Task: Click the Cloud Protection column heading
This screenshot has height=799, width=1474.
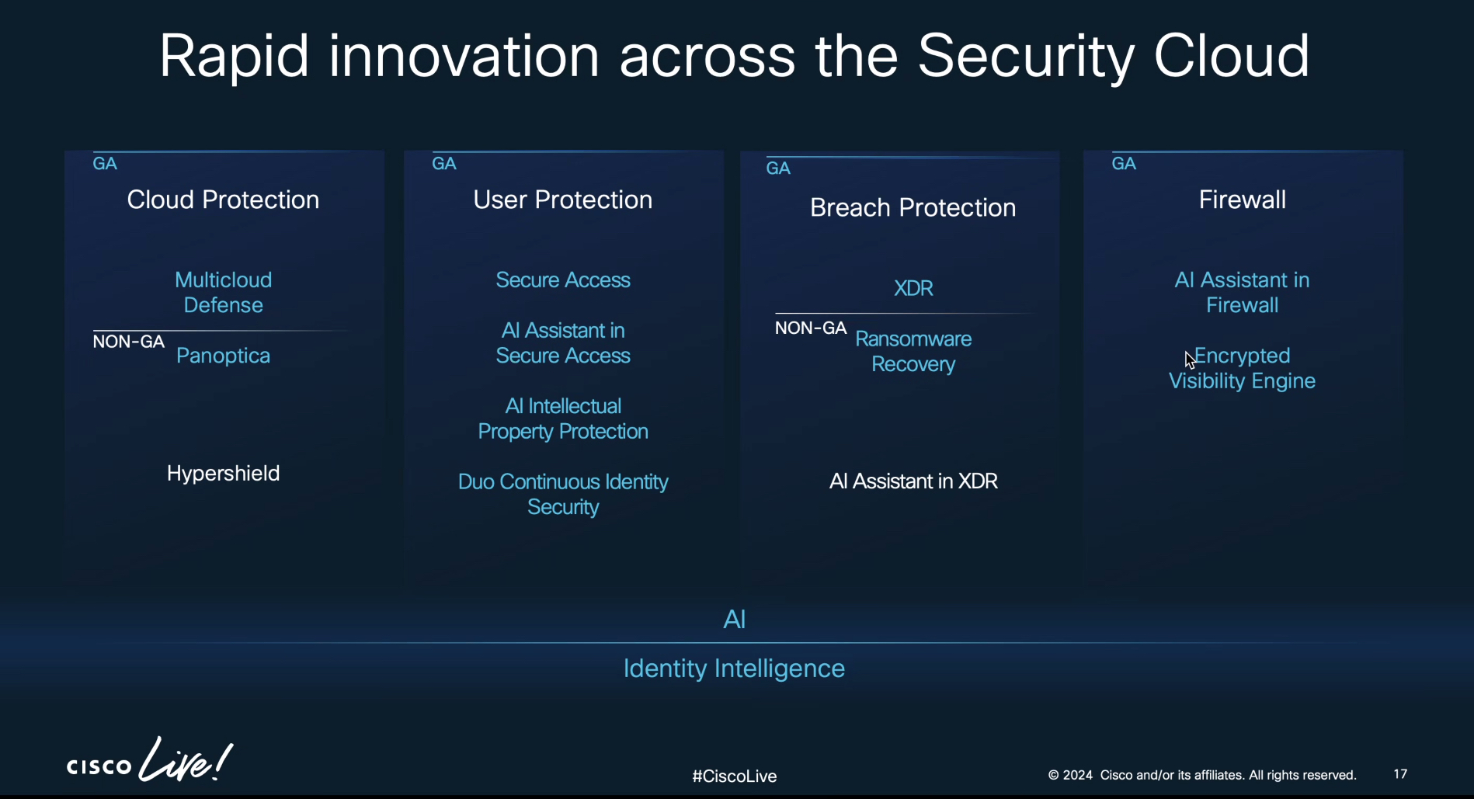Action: (x=223, y=200)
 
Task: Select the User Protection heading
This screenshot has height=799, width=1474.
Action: (x=563, y=200)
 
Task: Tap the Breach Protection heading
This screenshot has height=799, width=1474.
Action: (x=913, y=207)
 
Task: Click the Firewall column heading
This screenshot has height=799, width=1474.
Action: (x=1243, y=200)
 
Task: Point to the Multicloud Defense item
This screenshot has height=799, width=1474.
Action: (x=223, y=292)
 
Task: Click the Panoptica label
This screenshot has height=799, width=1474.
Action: (x=223, y=356)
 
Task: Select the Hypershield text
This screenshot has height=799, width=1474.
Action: (x=223, y=474)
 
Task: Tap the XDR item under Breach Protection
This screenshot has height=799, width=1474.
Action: (x=913, y=288)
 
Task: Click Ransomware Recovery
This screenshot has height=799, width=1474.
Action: (x=913, y=352)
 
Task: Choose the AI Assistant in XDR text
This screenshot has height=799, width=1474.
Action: (x=913, y=481)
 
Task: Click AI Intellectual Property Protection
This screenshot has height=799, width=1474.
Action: (x=563, y=419)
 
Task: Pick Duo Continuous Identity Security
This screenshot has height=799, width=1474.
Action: (x=563, y=494)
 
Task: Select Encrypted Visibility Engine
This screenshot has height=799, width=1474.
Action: (x=1243, y=368)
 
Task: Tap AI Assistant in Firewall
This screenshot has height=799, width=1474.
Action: (x=1243, y=292)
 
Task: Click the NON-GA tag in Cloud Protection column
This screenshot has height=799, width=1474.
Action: (x=129, y=342)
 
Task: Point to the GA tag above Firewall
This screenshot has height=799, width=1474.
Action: (x=1124, y=164)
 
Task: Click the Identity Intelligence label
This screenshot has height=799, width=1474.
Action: (x=734, y=669)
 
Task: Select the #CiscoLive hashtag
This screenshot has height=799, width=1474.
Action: (x=735, y=776)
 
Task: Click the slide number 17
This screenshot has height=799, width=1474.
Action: (x=1400, y=774)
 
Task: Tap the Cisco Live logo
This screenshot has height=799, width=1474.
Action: (x=149, y=760)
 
